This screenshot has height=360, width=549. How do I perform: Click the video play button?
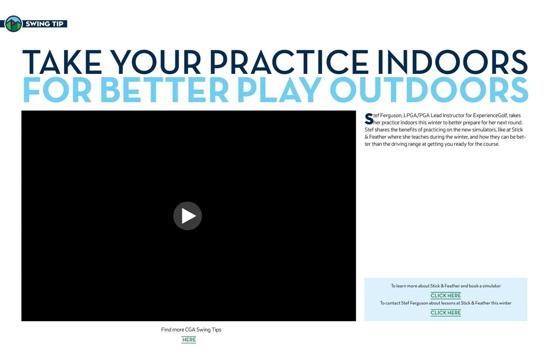click(188, 216)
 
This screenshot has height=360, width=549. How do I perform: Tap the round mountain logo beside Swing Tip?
click(14, 24)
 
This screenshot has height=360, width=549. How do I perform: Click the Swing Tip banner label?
click(44, 24)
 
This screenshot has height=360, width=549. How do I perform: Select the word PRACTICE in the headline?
click(289, 62)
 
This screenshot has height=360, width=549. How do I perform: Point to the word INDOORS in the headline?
click(452, 62)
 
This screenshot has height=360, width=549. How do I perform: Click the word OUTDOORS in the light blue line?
click(429, 90)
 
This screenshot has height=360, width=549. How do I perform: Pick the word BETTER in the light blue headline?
click(164, 90)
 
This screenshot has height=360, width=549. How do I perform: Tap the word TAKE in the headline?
click(62, 62)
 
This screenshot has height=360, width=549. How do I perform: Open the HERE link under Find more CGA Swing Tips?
click(189, 340)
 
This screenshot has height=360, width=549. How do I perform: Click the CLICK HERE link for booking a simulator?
click(446, 295)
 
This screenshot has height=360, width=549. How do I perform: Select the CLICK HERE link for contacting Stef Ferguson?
click(446, 313)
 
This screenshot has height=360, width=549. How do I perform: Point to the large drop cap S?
click(369, 119)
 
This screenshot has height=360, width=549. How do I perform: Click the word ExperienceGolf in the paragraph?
click(490, 115)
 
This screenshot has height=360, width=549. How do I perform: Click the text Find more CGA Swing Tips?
click(191, 330)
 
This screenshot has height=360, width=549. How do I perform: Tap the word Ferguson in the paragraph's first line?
click(391, 115)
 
